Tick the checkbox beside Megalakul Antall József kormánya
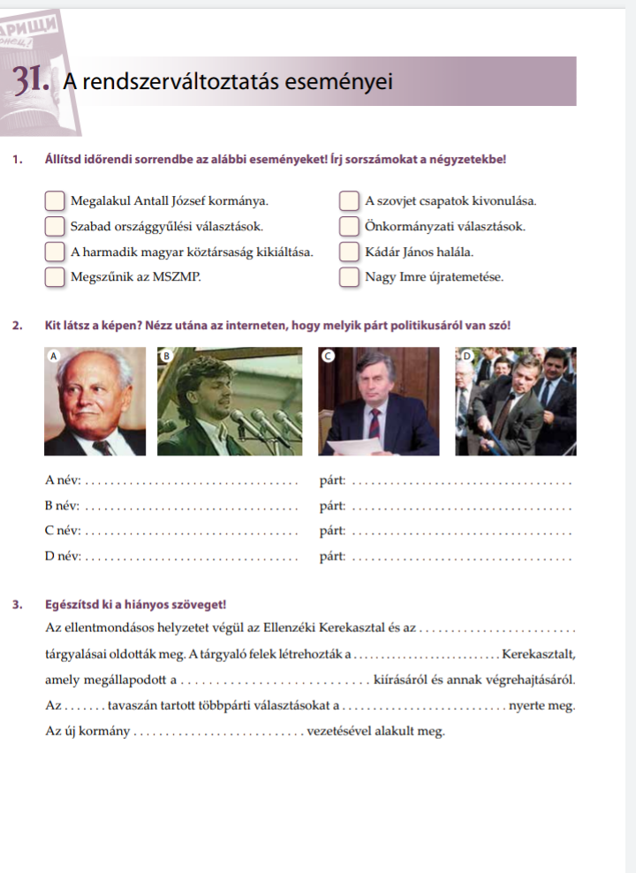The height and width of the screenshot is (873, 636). click(55, 201)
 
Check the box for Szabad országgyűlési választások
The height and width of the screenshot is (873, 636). click(55, 227)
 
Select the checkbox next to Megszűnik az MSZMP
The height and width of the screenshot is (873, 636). click(55, 277)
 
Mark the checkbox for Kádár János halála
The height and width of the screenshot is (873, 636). click(349, 252)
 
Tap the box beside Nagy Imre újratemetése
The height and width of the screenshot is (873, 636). click(349, 277)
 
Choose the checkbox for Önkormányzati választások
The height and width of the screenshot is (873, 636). click(349, 227)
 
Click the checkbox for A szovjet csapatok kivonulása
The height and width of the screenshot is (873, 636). click(349, 201)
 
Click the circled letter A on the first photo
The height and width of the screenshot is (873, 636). click(52, 355)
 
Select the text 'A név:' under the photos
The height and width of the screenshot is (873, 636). click(62, 481)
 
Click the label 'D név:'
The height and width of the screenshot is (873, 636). click(63, 556)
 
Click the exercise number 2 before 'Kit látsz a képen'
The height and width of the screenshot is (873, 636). click(18, 326)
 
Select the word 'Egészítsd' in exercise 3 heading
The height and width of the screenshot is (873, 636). click(73, 605)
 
